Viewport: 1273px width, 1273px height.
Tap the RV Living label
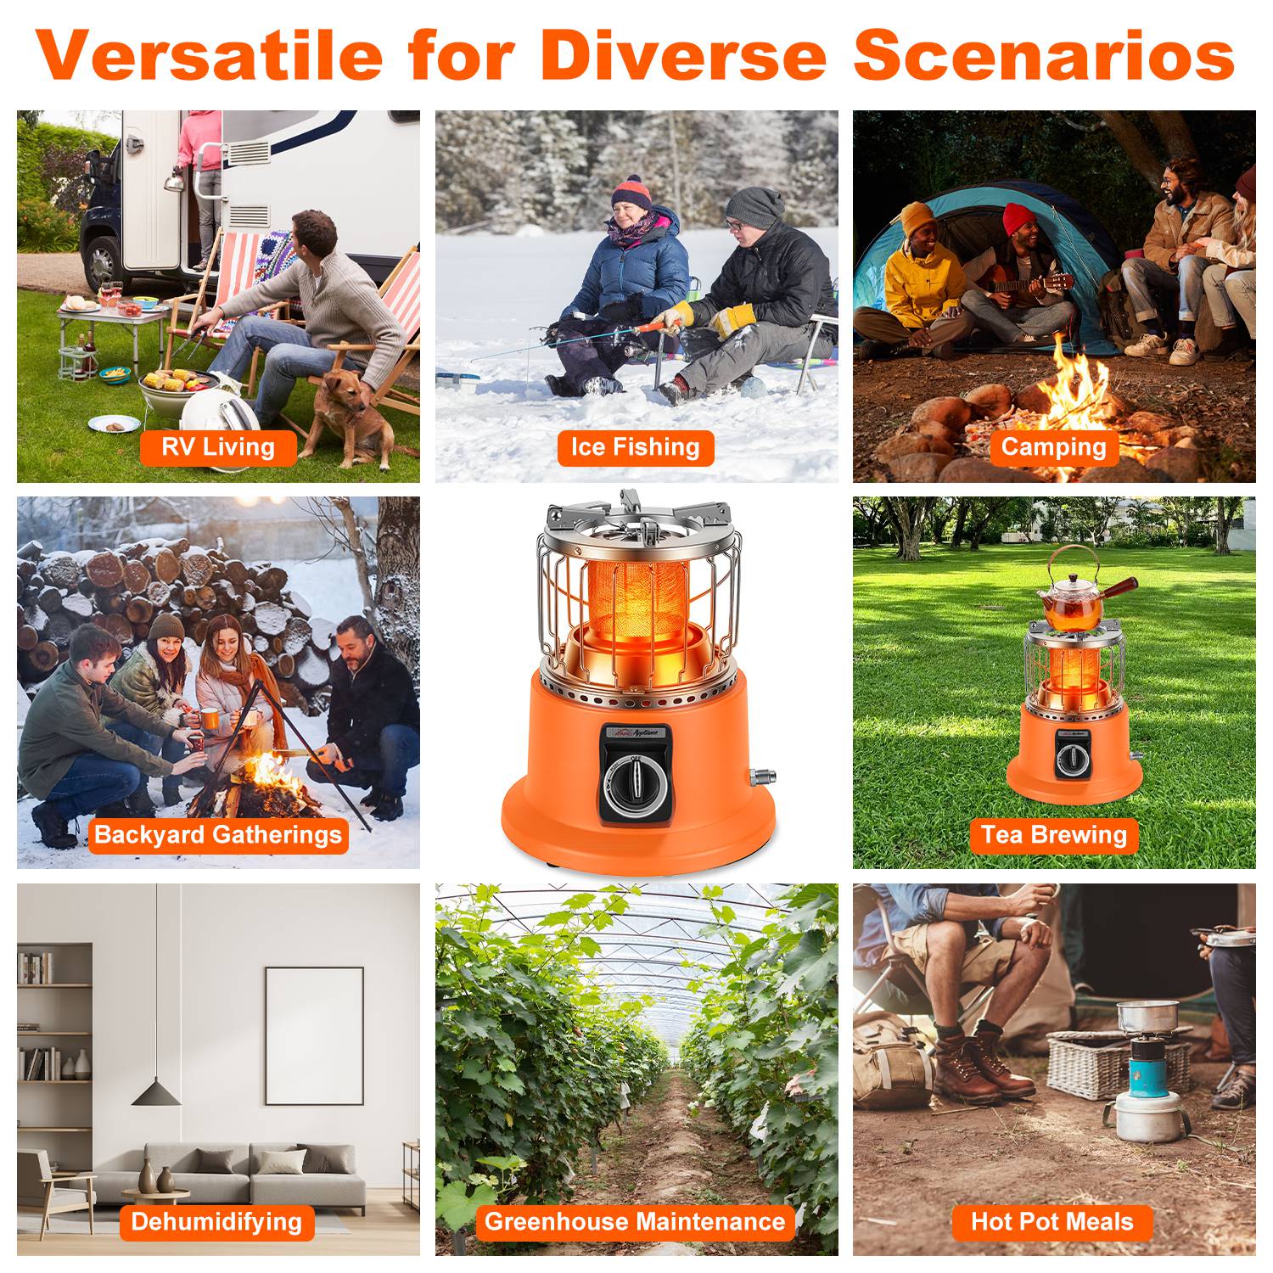point(218,447)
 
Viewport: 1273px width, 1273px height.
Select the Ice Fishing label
point(635,447)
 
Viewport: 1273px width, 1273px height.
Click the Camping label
point(1053,447)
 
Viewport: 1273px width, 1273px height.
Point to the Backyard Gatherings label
point(218,834)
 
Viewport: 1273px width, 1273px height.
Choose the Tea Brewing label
point(1053,834)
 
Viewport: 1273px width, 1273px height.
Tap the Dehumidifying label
point(216,1222)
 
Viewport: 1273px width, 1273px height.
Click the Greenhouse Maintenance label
point(635,1222)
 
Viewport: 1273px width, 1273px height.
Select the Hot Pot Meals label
point(1052,1222)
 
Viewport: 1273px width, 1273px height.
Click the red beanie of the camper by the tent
point(1019,219)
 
